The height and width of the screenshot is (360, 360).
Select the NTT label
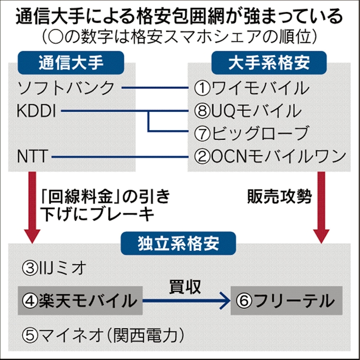click(33, 156)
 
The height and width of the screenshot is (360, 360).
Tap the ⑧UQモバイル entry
click(249, 111)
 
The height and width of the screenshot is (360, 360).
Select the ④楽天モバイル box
click(80, 301)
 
